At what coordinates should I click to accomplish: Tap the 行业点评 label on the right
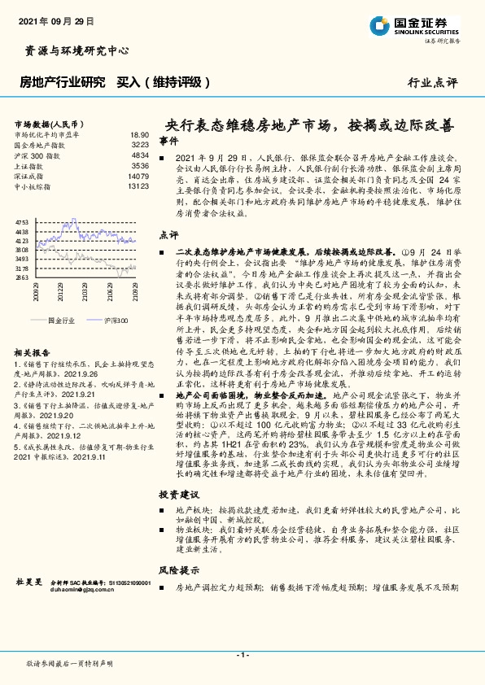point(432,82)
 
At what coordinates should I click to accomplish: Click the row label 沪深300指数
point(37,155)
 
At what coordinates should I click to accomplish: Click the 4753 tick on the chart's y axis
point(22,221)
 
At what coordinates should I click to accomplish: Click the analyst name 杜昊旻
point(28,582)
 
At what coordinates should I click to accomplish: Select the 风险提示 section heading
point(177,571)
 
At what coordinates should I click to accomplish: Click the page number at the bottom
point(242,655)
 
